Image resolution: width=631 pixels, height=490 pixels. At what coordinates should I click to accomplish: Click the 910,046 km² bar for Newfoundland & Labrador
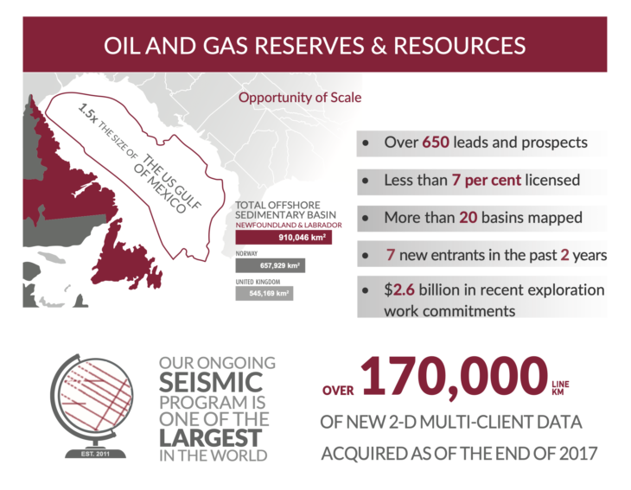pyautogui.click(x=284, y=238)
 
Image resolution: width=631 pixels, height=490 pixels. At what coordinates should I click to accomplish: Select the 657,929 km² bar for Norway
pyautogui.click(x=271, y=265)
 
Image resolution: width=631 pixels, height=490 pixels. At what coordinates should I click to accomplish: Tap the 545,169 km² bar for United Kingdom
pyautogui.click(x=265, y=293)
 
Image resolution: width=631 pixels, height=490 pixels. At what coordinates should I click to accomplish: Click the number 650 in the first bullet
pyautogui.click(x=436, y=143)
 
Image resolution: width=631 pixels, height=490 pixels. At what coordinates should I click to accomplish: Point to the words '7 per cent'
pyautogui.click(x=486, y=181)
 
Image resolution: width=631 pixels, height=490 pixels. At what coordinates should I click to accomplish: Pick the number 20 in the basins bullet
pyautogui.click(x=468, y=218)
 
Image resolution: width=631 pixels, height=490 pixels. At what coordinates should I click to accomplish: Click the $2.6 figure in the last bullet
pyautogui.click(x=399, y=290)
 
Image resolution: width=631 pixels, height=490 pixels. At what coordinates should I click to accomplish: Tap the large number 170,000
pyautogui.click(x=455, y=377)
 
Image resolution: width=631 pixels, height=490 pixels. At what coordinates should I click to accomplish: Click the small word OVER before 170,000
pyautogui.click(x=338, y=391)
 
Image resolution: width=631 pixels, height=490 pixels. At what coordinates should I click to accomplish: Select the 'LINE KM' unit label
pyautogui.click(x=560, y=388)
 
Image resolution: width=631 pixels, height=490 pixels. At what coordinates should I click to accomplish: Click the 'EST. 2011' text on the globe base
pyautogui.click(x=95, y=454)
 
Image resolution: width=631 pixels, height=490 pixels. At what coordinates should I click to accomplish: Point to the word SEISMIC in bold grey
pyautogui.click(x=211, y=383)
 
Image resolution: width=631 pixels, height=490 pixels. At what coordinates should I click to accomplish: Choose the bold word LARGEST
pyautogui.click(x=210, y=438)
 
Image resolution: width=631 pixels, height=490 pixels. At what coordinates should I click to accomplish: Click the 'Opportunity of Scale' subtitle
pyautogui.click(x=300, y=98)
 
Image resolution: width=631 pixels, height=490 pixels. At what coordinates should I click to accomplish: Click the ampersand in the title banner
pyautogui.click(x=379, y=45)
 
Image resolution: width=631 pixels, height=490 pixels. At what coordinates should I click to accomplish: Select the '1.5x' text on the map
pyautogui.click(x=87, y=113)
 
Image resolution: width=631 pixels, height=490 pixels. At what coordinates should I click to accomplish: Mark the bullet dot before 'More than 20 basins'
pyautogui.click(x=366, y=218)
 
